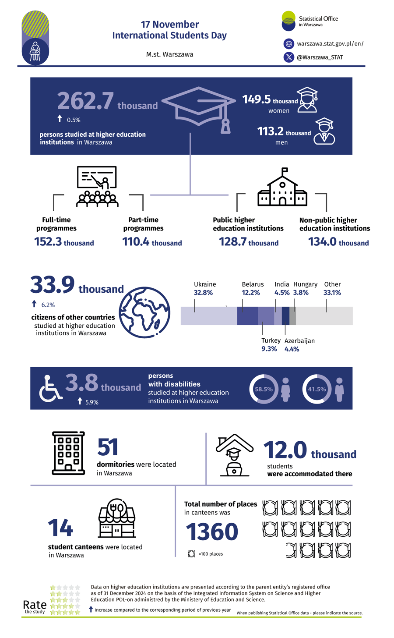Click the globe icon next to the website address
288,44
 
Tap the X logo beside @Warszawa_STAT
288,57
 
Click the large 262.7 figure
86,101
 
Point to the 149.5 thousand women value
270,100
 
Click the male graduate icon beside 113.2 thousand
324,131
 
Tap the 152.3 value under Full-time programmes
64,242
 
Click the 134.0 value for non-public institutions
338,242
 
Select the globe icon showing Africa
145,312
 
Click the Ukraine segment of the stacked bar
209,316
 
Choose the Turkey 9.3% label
269,345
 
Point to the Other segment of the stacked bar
324,316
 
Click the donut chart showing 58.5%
264,389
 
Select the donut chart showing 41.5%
317,389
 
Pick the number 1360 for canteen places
212,532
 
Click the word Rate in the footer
35,605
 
